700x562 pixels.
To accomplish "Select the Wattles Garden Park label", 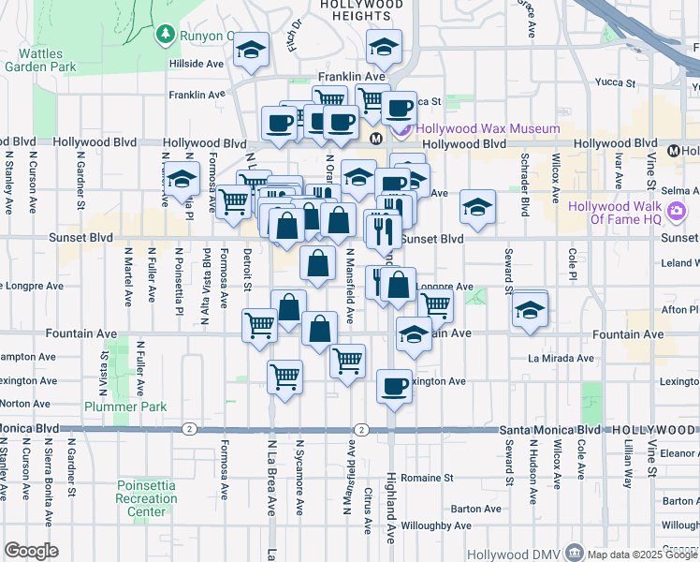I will [x=39, y=60].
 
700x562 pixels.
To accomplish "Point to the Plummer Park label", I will [x=125, y=407].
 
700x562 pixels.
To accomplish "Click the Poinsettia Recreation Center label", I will [x=147, y=498].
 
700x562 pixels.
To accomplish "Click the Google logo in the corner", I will [x=31, y=551].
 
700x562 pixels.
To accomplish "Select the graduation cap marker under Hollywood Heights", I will [x=383, y=47].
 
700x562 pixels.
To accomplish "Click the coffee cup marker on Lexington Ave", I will [x=394, y=385].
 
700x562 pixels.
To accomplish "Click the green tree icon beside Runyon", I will [x=166, y=35].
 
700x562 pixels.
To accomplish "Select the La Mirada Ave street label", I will [x=561, y=358].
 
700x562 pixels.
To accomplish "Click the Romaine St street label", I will [x=427, y=477].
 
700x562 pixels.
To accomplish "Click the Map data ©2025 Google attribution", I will [x=642, y=554].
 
